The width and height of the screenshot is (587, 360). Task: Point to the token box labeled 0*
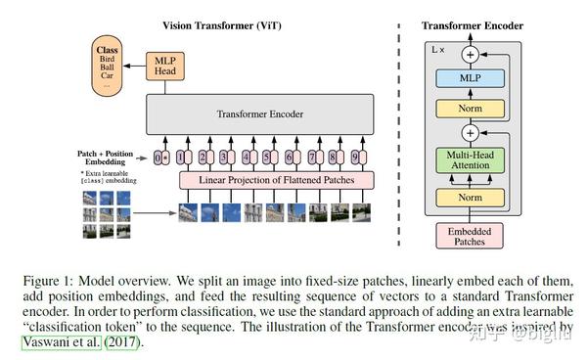pos(161,157)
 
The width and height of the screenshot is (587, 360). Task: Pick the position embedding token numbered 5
pos(266,157)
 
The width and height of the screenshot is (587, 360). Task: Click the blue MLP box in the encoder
pos(472,76)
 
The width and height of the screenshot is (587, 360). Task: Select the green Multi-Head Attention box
pos(472,160)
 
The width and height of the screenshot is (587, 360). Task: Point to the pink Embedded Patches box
pos(472,236)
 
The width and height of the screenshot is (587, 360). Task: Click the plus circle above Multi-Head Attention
pos(472,131)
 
